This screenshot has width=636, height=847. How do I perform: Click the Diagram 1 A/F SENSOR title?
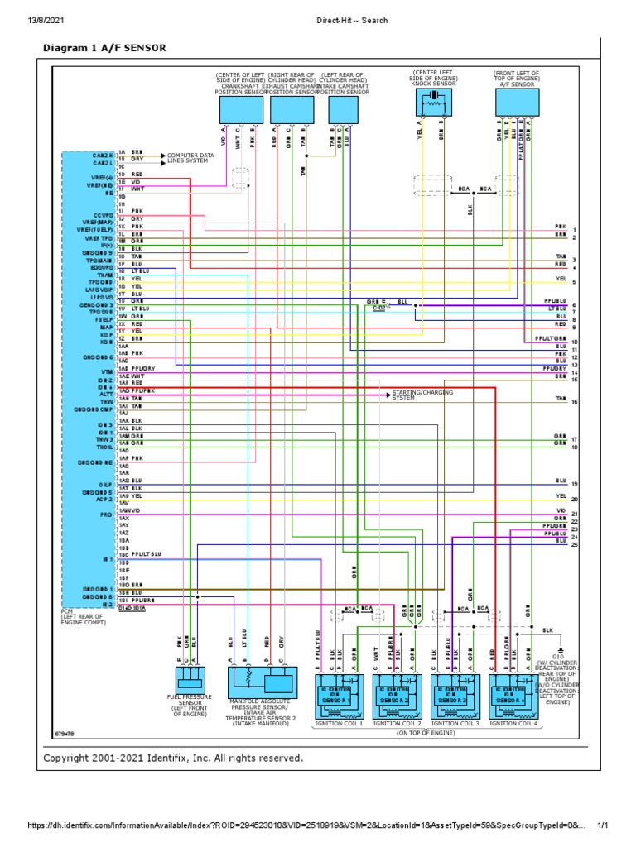pos(104,49)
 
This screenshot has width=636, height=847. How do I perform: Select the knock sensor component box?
pos(435,103)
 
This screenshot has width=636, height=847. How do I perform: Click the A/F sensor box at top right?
pos(517,103)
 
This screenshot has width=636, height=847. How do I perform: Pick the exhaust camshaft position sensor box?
pos(290,108)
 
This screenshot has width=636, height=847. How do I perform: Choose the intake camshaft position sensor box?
pos(341,108)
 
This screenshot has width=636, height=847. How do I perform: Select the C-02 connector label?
pos(378,309)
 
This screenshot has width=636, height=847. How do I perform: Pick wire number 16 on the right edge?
pos(574,401)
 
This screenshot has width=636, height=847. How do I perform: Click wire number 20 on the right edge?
pos(574,500)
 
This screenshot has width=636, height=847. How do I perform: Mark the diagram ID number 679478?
pos(65,734)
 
